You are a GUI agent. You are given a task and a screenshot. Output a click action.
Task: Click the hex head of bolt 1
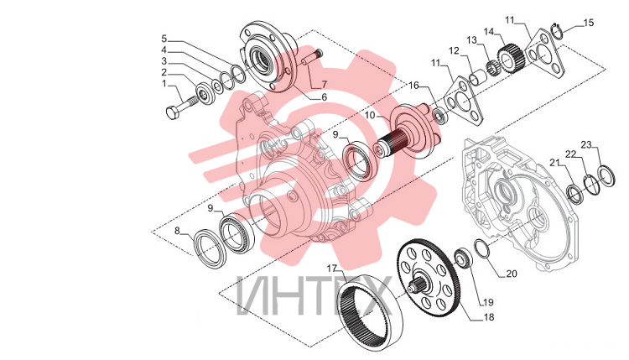(172, 112)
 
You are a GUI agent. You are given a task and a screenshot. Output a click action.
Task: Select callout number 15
(588, 23)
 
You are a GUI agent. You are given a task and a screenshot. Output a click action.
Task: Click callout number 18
(489, 317)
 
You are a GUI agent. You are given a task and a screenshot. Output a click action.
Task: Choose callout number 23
(586, 145)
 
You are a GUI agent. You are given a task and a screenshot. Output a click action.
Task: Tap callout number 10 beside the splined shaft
(370, 116)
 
